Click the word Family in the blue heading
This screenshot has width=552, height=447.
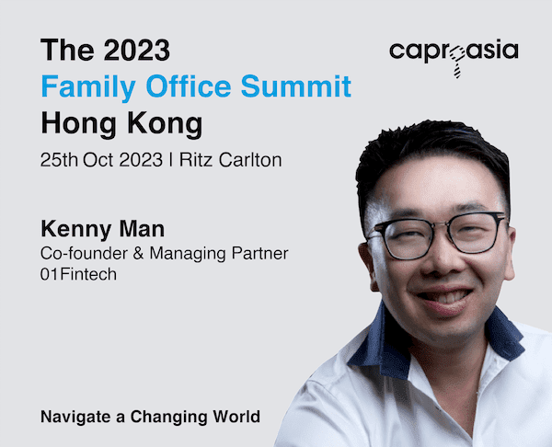coord(88,86)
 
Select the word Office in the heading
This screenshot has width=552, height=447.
coord(189,86)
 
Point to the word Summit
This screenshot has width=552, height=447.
coord(296,86)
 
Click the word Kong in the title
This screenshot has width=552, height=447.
coord(165,124)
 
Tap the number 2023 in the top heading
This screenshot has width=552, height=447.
coord(137,50)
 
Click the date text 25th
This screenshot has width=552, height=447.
coord(59,160)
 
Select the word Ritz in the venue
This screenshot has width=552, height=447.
coord(196,160)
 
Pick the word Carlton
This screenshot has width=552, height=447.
coord(250,160)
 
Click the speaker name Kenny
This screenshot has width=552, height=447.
coord(76,230)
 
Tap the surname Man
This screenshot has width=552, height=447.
coord(142,229)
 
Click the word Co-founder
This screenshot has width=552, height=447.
coord(84,253)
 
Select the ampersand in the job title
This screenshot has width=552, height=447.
coord(138,253)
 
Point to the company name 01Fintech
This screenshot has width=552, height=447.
coord(78,274)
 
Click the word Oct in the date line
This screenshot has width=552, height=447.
coord(98,160)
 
